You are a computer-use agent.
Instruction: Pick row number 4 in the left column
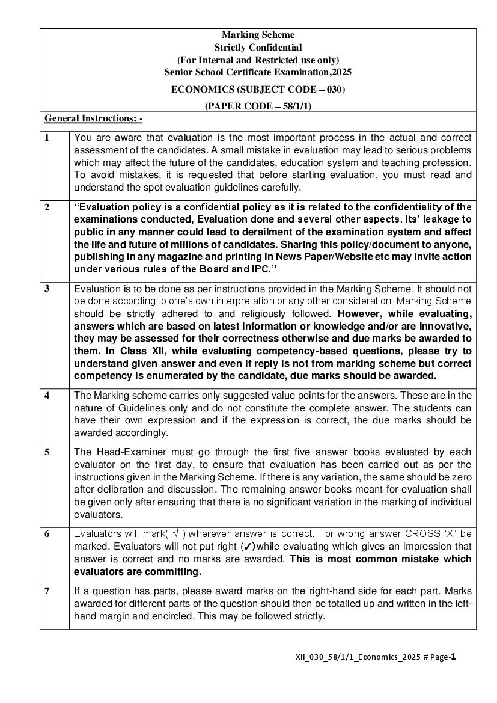[x=47, y=395]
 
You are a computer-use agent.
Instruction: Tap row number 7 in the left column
[x=47, y=591]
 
